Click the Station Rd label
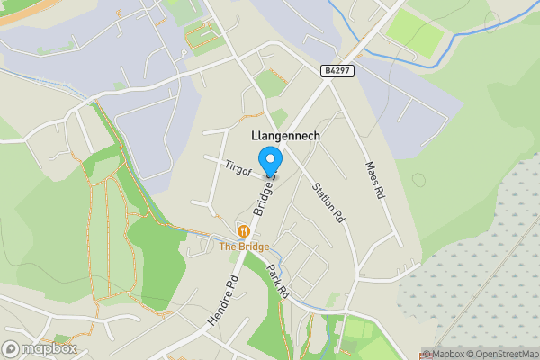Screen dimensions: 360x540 pyautogui.click(x=328, y=202)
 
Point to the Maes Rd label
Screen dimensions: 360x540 pyautogui.click(x=374, y=180)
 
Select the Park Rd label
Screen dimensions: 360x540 pyautogui.click(x=278, y=283)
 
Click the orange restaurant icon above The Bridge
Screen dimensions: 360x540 pyautogui.click(x=242, y=229)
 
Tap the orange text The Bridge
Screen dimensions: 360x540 pyautogui.click(x=244, y=246)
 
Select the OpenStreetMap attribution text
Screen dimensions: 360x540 pyautogui.click(x=501, y=354)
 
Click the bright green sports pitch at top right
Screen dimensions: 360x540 pyautogui.click(x=416, y=33)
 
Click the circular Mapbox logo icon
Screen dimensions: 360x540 pyautogui.click(x=12, y=349)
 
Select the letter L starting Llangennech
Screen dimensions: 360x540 pyautogui.click(x=248, y=136)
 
